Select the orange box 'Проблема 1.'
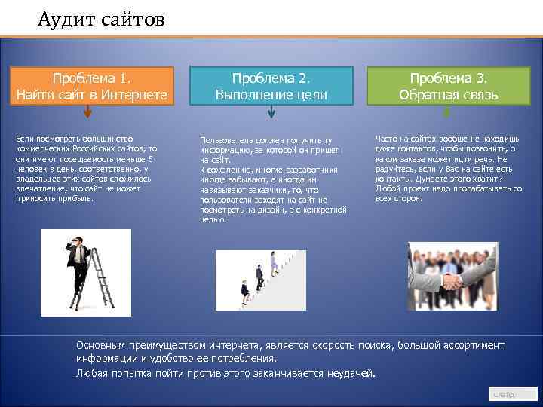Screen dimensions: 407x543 tap(91, 87)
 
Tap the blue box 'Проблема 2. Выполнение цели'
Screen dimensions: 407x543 tap(271, 87)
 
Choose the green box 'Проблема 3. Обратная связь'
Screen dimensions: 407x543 tap(449, 87)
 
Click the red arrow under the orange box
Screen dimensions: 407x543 tap(87, 112)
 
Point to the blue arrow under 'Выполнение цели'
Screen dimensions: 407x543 tap(271, 112)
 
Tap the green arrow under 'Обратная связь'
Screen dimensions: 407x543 tap(446, 112)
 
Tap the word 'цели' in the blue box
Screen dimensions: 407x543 tap(311, 95)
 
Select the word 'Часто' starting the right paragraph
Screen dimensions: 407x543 tap(387, 138)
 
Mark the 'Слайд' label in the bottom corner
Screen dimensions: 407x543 tap(504, 394)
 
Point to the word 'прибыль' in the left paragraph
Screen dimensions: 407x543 tap(78, 198)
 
